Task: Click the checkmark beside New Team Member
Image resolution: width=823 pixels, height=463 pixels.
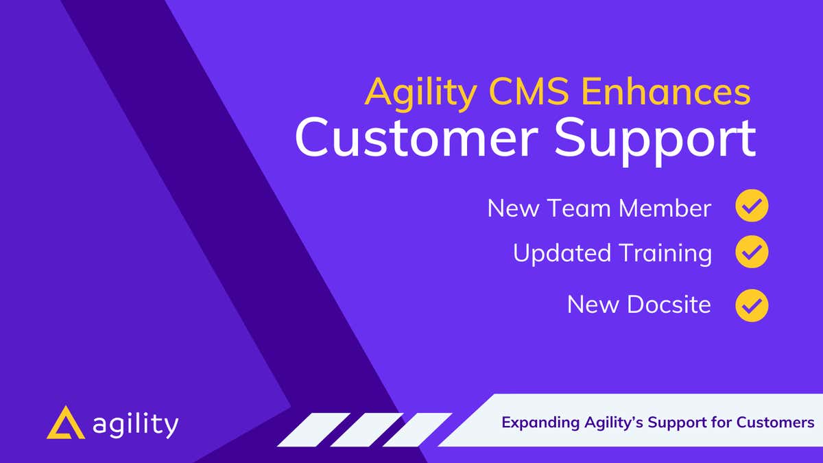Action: click(752, 206)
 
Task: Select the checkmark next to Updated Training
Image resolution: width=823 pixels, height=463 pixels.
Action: click(752, 253)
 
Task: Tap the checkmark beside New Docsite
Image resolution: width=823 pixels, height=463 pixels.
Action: click(752, 305)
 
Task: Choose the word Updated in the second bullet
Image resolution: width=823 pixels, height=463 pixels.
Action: click(562, 254)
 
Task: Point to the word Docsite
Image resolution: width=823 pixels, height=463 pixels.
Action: click(669, 305)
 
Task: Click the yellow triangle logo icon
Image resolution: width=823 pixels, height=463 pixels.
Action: click(66, 423)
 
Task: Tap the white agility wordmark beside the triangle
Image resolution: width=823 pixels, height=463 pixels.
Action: click(135, 425)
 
